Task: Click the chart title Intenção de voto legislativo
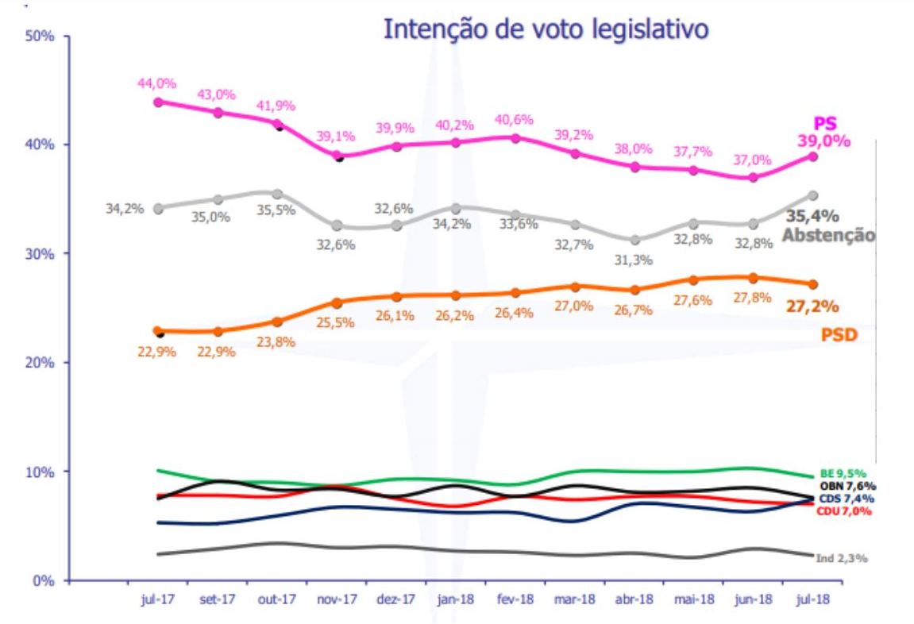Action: point(545,29)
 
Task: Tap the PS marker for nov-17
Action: point(338,156)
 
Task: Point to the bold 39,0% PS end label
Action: point(824,141)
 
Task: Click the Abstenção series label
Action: point(828,235)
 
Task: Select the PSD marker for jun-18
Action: point(753,278)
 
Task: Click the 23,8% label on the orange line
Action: point(276,341)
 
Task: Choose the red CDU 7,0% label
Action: point(843,511)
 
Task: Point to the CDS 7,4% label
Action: point(844,499)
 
